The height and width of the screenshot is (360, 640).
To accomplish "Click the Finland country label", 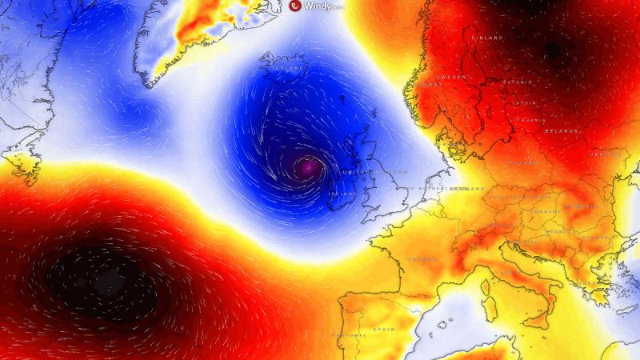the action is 489,38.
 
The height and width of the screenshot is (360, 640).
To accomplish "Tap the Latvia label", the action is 525,102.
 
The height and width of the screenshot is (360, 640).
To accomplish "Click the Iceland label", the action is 290,69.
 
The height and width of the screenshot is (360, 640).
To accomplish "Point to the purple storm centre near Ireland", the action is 306,167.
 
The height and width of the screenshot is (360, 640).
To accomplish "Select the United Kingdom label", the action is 374,172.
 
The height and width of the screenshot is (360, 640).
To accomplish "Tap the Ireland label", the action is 342,193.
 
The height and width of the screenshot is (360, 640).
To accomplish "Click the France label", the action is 422,258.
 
